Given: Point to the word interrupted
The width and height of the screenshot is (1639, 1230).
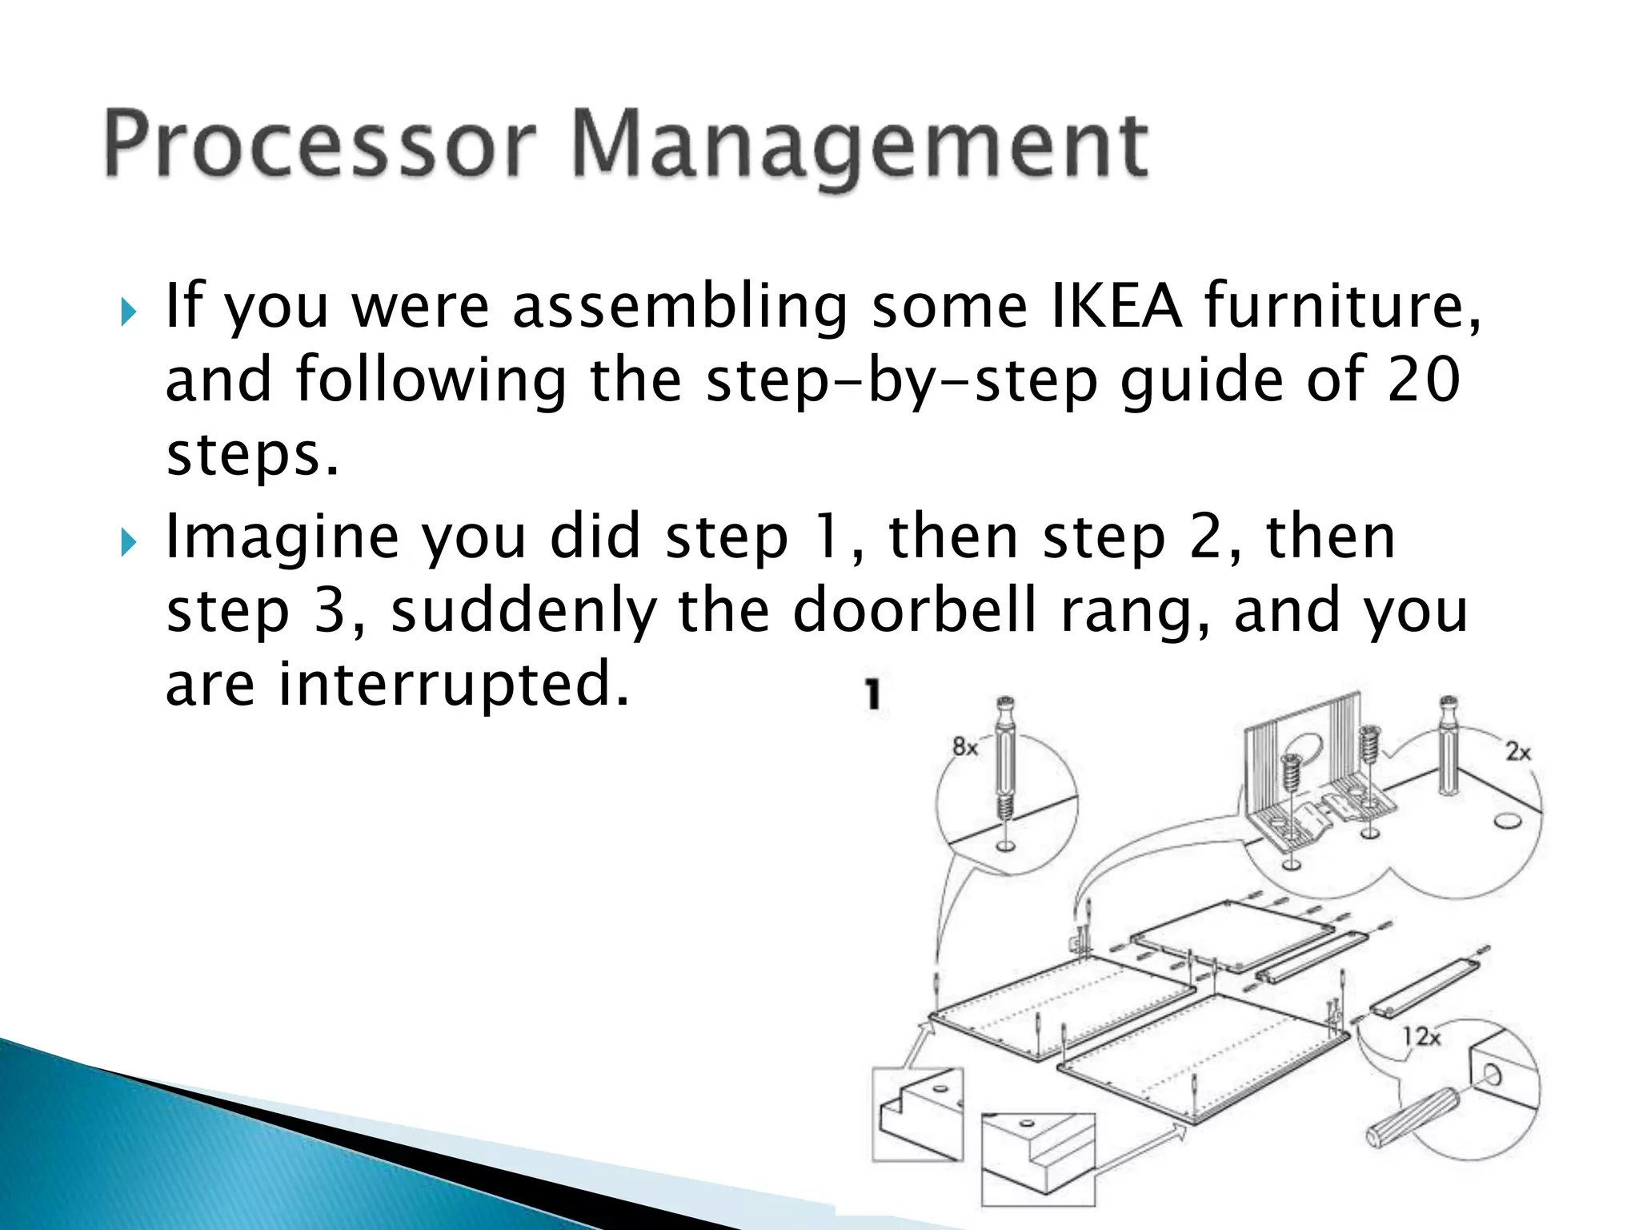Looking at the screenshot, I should pos(453,684).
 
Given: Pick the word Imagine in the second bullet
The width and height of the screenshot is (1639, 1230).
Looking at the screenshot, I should pos(282,538).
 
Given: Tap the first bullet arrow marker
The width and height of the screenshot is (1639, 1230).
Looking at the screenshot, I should pos(129,312).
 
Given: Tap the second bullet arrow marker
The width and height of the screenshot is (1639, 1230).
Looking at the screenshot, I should pos(129,544).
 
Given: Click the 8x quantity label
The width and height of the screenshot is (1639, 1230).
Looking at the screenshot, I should pos(965,748).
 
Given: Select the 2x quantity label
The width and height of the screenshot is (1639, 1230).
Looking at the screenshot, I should pos(1517,752).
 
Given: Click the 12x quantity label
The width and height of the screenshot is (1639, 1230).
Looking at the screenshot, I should pos(1421,1037).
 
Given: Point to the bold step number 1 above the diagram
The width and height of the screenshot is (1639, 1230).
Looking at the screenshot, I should pos(873,693).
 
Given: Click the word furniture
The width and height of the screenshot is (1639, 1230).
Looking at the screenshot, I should pos(1341,306).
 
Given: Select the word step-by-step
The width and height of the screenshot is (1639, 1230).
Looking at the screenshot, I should pos(902,381).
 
